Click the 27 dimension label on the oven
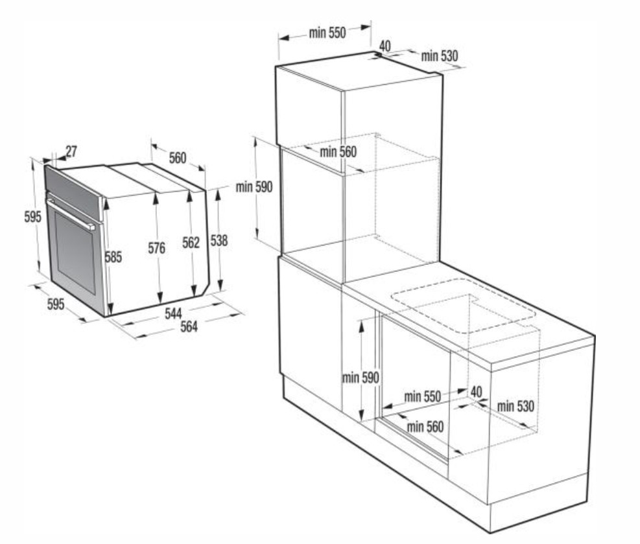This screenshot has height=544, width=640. [x=71, y=152]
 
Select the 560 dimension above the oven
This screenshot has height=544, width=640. [x=178, y=157]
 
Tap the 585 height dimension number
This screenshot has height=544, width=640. [x=113, y=257]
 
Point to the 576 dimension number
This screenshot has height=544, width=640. [x=157, y=248]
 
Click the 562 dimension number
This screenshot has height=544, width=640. [x=191, y=243]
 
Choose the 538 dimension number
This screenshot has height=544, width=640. [x=219, y=241]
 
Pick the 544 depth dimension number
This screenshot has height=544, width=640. [x=174, y=313]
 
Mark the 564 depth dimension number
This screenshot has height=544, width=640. [x=189, y=326]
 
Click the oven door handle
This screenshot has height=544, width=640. [x=71, y=214]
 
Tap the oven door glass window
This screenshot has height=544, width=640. [x=75, y=252]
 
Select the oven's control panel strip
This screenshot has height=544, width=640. [x=73, y=192]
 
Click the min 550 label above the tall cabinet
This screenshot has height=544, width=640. [x=327, y=32]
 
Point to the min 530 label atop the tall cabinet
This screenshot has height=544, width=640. [x=440, y=56]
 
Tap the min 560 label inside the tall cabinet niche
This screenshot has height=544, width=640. [x=338, y=152]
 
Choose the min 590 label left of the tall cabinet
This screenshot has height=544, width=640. [x=254, y=187]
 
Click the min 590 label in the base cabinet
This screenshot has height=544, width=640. [x=361, y=378]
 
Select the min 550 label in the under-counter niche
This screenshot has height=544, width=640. [x=422, y=396]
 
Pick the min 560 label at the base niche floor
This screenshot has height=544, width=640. [x=425, y=427]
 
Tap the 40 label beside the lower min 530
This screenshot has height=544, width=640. [x=477, y=392]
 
